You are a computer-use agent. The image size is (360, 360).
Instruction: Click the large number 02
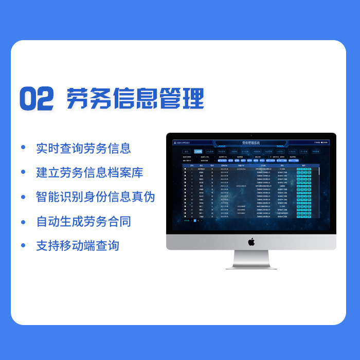pos(37,99)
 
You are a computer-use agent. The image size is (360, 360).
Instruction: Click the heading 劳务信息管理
pos(135,98)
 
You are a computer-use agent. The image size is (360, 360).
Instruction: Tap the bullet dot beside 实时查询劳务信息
pos(23,148)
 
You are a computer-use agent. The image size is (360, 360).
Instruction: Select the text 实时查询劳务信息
pos(83,148)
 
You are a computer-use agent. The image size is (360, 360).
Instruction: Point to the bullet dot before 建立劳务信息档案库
pos(23,172)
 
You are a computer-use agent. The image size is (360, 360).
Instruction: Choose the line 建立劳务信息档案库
pos(89,172)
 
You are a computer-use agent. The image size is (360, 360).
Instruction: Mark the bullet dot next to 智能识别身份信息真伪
pos(23,197)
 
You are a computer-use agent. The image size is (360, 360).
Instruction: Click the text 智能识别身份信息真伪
pos(95,197)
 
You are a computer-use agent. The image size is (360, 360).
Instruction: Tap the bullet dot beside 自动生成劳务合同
pos(23,222)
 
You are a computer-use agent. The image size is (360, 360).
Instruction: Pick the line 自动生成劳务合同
pos(83,222)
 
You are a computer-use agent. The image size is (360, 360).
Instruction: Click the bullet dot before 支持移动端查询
pos(23,246)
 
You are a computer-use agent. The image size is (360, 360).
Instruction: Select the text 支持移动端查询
pos(78,246)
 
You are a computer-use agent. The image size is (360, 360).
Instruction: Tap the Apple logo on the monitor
pos(251,241)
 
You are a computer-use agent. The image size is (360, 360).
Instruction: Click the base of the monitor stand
pos(251,266)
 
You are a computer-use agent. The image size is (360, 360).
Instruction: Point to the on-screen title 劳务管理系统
pos(251,142)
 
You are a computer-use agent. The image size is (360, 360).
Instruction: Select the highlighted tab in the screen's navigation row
pos(198,152)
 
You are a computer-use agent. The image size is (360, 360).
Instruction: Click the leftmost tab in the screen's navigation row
pos(187,152)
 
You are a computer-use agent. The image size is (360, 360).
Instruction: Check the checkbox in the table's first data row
pos(185,169)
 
